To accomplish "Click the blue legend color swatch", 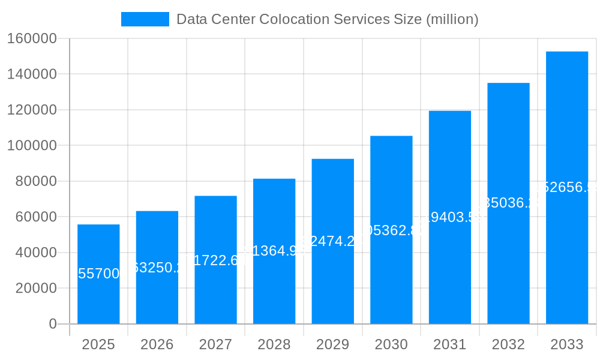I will pos(145,19).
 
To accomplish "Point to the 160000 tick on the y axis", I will pos(32,38).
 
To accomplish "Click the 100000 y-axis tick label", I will pos(32,146).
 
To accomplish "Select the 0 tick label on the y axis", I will pos(53,324).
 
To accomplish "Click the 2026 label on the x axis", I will pos(157,344).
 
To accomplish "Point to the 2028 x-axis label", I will pos(274,344).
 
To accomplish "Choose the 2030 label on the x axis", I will pos(391,344).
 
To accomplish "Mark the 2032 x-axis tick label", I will pos(508,344).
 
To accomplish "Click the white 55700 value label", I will pos(98,274).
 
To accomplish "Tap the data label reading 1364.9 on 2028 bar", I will pos(274,251).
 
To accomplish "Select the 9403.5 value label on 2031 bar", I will pos(449,217).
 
